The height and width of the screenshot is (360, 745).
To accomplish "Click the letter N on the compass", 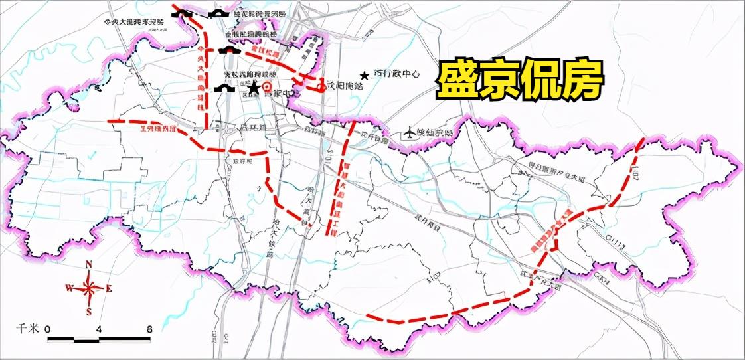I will pyautogui.click(x=88, y=265).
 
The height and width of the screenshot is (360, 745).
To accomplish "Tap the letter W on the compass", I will pyautogui.click(x=68, y=288).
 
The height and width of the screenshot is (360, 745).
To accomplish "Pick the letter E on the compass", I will pyautogui.click(x=109, y=288).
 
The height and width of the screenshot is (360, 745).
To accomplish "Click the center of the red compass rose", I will pyautogui.click(x=88, y=288).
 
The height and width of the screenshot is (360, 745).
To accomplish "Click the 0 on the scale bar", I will pyautogui.click(x=48, y=329).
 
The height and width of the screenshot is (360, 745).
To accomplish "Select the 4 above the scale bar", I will pyautogui.click(x=100, y=329).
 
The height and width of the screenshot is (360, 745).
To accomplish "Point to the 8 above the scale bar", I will pyautogui.click(x=150, y=329).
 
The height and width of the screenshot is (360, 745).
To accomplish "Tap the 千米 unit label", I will pyautogui.click(x=28, y=329).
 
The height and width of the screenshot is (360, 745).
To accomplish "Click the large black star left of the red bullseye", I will pyautogui.click(x=253, y=88).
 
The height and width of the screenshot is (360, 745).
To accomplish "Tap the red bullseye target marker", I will pyautogui.click(x=267, y=87).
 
